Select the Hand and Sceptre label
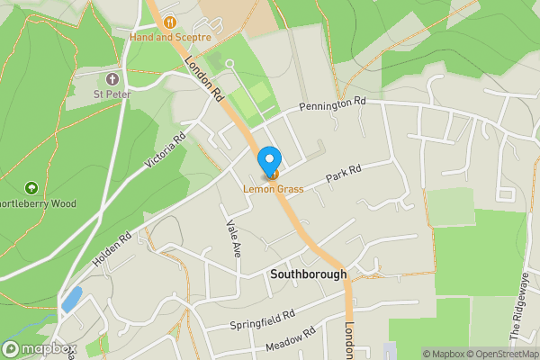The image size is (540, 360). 170,38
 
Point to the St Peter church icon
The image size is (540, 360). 112,78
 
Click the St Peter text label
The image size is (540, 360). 113,93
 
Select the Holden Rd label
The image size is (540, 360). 112,249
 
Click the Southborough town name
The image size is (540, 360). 308,274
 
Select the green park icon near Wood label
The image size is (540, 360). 32,188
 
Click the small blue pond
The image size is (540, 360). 71,301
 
